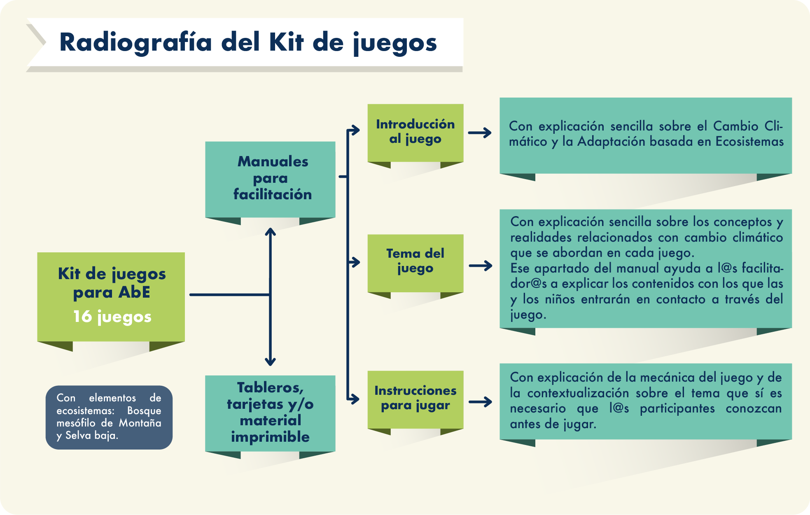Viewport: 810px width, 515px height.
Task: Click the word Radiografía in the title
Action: click(135, 42)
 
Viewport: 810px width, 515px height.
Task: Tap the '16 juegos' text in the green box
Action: click(112, 317)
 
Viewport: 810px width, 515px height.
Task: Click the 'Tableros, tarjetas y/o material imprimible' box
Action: click(270, 412)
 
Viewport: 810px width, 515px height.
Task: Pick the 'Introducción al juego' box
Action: click(415, 132)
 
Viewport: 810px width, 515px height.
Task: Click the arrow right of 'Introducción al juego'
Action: click(480, 133)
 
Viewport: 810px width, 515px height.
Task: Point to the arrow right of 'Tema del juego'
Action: click(481, 266)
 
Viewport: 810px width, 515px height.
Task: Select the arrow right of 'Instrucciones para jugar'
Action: click(481, 402)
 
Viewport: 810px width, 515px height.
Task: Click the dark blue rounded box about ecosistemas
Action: click(109, 417)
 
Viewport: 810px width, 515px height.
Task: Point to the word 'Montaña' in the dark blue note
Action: click(140, 423)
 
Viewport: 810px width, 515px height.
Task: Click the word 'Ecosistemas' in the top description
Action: click(749, 142)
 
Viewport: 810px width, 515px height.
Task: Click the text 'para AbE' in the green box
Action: click(112, 293)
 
